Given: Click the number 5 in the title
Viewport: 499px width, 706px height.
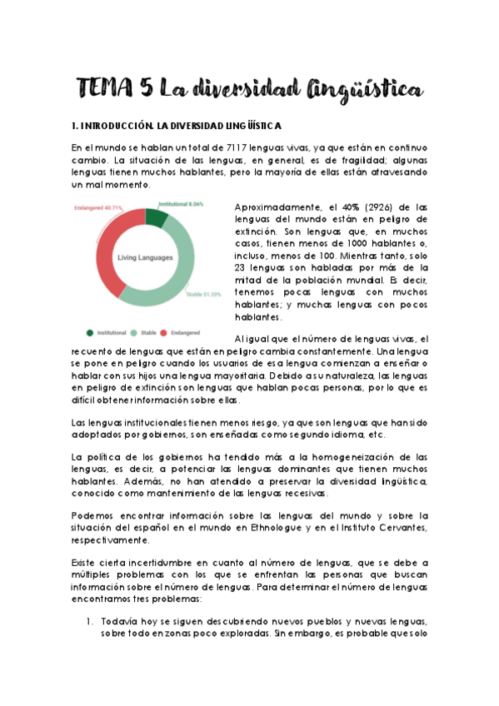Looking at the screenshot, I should click(148, 86).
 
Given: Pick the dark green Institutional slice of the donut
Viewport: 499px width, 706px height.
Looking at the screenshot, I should click(155, 218).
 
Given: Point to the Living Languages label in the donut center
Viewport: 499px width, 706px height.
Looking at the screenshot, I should click(145, 257).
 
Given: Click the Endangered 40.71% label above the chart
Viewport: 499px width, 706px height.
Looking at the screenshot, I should click(98, 207).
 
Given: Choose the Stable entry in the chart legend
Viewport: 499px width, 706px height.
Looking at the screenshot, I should click(148, 332).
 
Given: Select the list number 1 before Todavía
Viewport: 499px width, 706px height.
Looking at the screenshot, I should click(89, 622).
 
